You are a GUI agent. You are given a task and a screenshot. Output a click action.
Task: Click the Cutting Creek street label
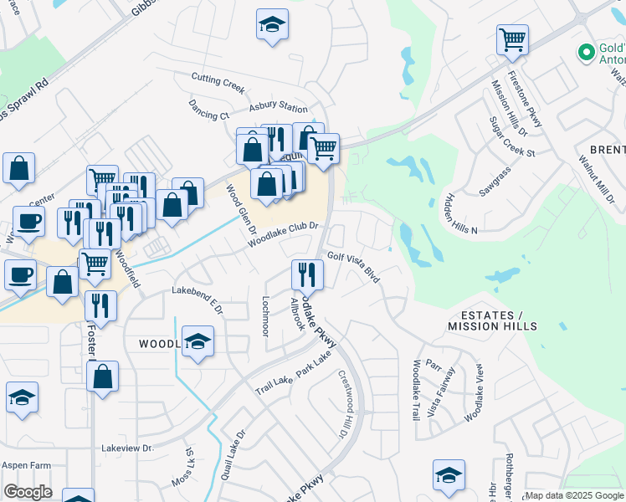(218, 81)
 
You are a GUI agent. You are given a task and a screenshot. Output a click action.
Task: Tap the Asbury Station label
(279, 108)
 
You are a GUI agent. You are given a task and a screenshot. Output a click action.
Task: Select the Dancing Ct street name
(208, 115)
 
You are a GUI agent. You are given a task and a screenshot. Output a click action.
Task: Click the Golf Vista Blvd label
(354, 266)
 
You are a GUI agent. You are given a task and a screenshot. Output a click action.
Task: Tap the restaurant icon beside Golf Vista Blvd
(307, 275)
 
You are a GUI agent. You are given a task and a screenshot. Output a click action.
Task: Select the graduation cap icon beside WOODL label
(198, 342)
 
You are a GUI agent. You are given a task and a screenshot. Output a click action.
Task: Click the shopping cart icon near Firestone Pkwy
(512, 40)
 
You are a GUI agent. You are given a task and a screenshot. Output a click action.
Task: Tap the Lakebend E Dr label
(198, 300)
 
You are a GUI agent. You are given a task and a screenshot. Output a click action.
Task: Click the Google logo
(28, 492)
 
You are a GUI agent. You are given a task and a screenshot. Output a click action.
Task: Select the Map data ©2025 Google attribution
(574, 495)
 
